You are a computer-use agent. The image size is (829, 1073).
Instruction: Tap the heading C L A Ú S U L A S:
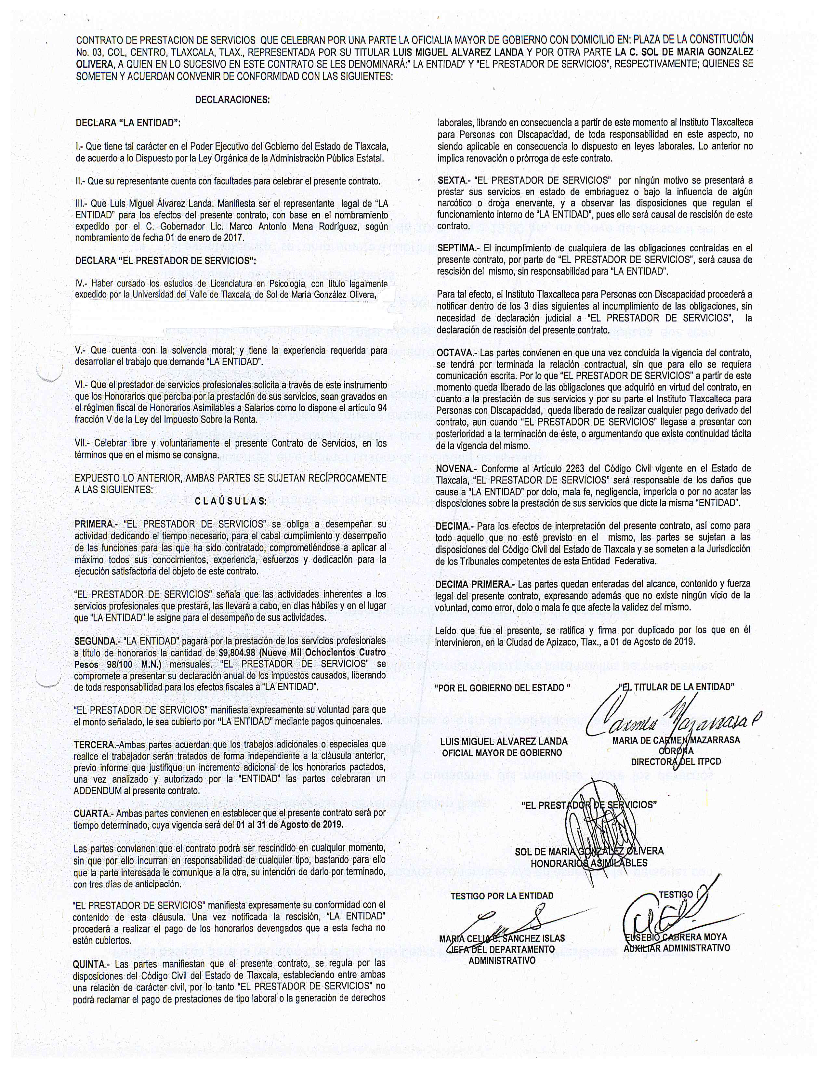[230, 502]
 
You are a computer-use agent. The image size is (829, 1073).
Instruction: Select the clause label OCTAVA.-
[456, 353]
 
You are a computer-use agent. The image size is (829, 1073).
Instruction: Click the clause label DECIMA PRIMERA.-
[474, 584]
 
